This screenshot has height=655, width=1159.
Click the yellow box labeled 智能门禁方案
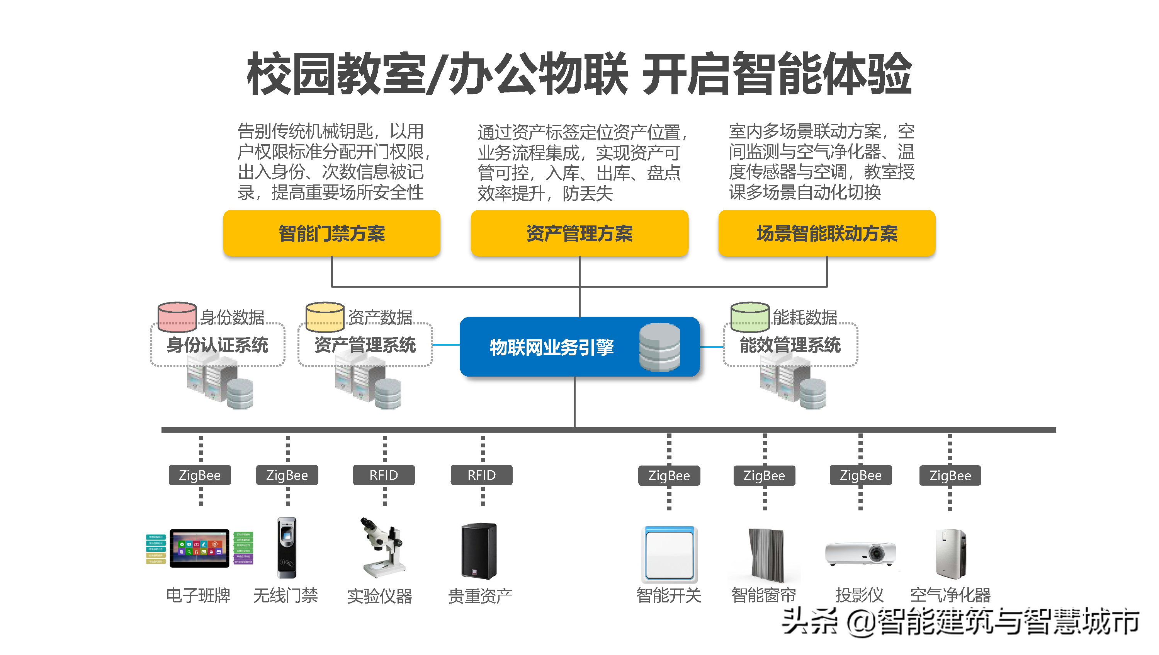point(331,233)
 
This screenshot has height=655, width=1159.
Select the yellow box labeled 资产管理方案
point(579,233)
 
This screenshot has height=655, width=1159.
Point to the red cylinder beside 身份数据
point(177,316)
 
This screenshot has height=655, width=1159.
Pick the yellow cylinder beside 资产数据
point(325,316)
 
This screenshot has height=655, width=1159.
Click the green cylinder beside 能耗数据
point(749,316)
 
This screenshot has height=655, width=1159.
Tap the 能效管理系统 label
point(790,345)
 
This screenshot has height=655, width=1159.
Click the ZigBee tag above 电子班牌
point(200,475)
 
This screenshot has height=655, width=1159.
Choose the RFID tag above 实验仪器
point(384,475)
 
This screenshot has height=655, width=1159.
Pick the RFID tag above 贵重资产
point(481,475)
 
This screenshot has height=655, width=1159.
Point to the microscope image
point(382,548)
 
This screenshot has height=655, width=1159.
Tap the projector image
point(860,554)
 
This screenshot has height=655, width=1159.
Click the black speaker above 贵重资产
point(479,551)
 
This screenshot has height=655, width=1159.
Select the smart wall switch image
point(669,554)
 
